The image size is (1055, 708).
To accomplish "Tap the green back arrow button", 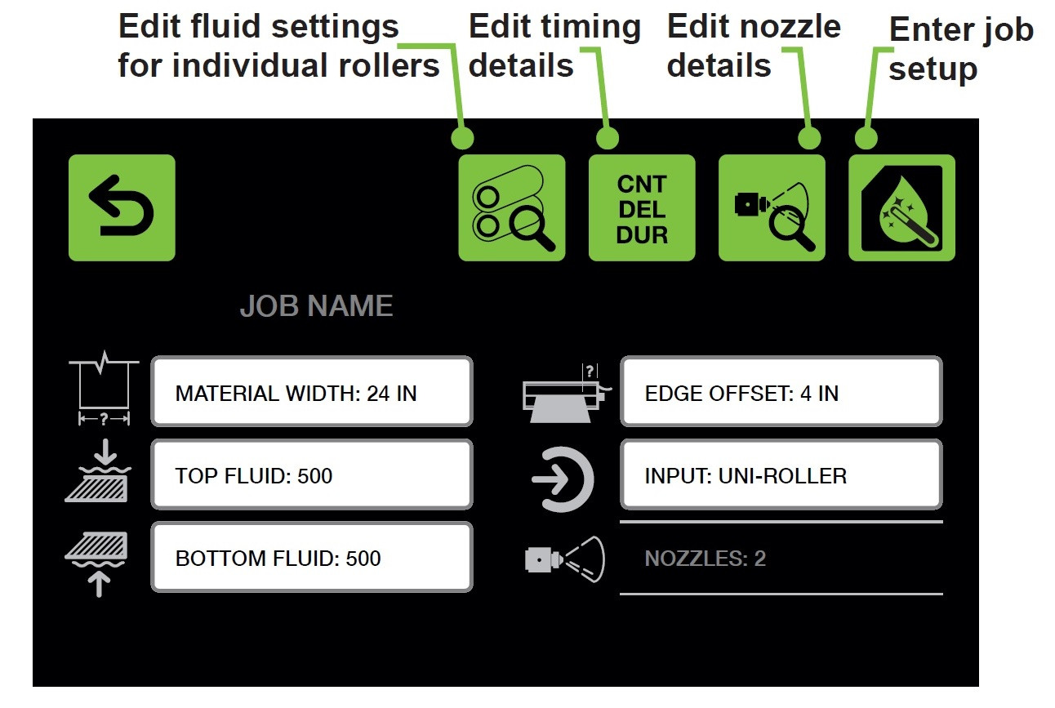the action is (122, 207).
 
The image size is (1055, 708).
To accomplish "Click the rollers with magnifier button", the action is (512, 207).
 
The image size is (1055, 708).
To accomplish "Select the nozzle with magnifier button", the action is (772, 207).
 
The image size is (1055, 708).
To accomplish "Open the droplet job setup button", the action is (902, 207).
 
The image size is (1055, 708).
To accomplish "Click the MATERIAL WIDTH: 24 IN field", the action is (312, 391).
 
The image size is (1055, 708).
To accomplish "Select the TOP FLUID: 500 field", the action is (312, 474).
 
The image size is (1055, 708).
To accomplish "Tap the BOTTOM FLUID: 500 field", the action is (312, 557).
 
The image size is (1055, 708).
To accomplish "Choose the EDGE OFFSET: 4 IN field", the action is (781, 391).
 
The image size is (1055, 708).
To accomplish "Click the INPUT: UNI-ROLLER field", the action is (781, 474).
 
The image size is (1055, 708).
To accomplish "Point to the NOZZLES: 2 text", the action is (705, 559).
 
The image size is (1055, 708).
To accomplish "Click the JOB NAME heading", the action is (316, 306).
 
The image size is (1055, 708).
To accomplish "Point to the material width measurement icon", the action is (104, 388).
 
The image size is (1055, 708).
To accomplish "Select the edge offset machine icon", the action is (567, 393).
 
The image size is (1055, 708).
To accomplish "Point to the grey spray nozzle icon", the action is (565, 559).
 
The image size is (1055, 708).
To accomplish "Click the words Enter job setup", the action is (961, 49).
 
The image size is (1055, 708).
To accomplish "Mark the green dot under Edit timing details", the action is (608, 138).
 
